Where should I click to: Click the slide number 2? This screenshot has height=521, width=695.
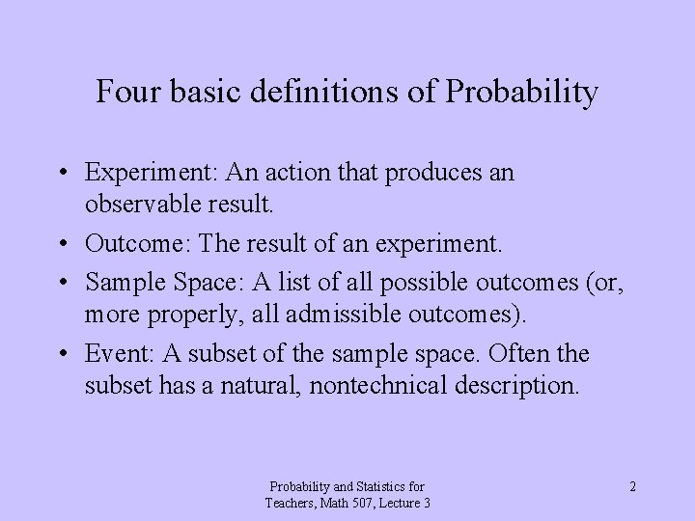pyautogui.click(x=632, y=486)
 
